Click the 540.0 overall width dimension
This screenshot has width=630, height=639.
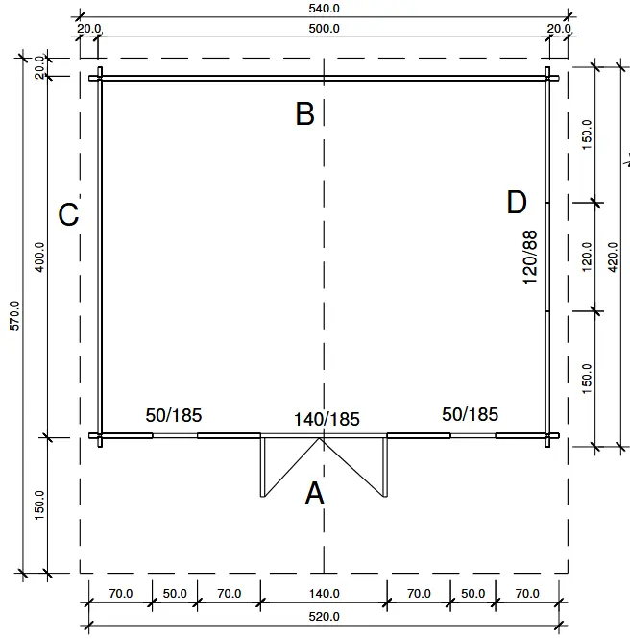point(325,8)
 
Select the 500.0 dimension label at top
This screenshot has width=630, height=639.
point(325,28)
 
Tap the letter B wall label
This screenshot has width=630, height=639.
point(304,114)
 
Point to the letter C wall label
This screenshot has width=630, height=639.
point(68,214)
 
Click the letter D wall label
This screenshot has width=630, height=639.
point(517,203)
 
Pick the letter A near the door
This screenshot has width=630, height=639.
point(314,494)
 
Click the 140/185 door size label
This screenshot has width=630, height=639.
point(327,419)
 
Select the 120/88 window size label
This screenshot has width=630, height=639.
point(529,257)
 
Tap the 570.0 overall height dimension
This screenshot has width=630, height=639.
point(13,316)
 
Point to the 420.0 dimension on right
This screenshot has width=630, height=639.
point(614,257)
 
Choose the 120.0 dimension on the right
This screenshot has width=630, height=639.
point(587,257)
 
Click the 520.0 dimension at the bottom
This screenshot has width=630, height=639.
point(325,616)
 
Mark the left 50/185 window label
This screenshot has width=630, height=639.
point(174,415)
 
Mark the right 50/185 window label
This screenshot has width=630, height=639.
point(471,414)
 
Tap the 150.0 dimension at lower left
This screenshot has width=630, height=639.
point(40,505)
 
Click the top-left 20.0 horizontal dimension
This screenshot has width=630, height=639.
point(88,29)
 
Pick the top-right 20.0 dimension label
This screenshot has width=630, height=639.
point(559,29)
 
